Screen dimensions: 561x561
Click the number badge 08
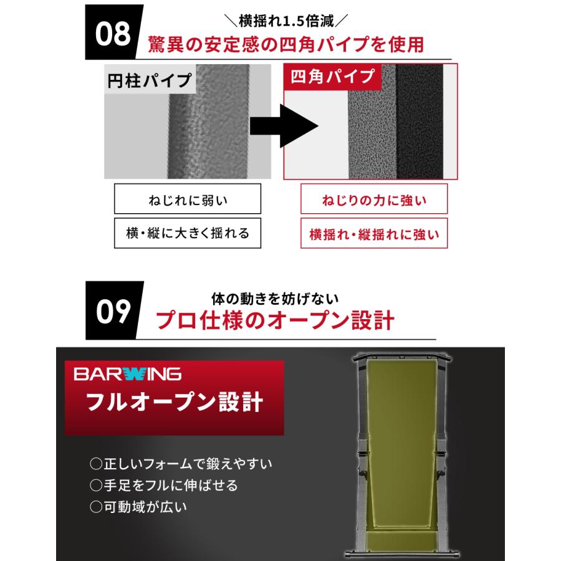pyautogui.click(x=113, y=34)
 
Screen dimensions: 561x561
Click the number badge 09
pyautogui.click(x=113, y=310)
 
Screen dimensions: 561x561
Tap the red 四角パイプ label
pyautogui.click(x=332, y=77)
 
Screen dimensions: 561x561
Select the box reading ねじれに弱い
pyautogui.click(x=178, y=201)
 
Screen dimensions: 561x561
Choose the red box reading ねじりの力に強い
pyautogui.click(x=374, y=201)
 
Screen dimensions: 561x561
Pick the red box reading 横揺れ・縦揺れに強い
pyautogui.click(x=374, y=234)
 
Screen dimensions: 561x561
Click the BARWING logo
pyautogui.click(x=127, y=374)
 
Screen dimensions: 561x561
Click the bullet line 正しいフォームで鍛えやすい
pyautogui.click(x=182, y=464)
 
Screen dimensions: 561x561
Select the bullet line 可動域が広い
pyautogui.click(x=138, y=507)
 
